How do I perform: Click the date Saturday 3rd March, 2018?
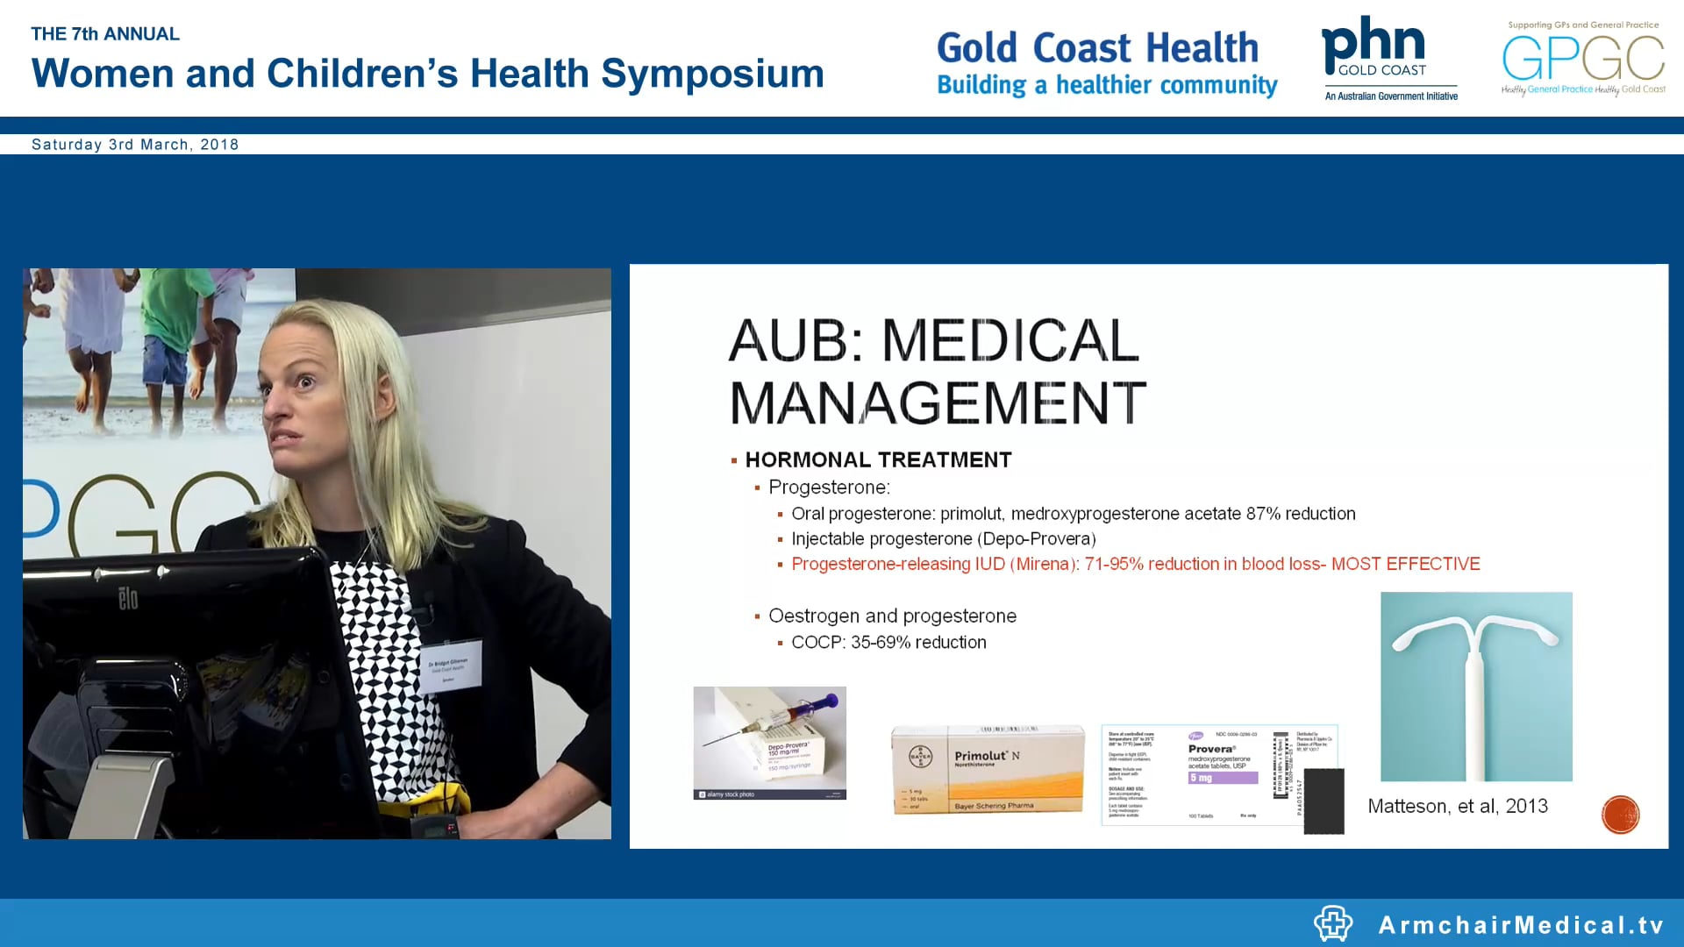(135, 145)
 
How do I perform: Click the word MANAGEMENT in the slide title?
(937, 403)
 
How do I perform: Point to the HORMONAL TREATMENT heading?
(878, 460)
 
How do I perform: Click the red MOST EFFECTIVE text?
(1405, 565)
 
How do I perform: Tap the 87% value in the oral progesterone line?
(1263, 514)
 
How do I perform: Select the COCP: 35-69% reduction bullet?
(888, 643)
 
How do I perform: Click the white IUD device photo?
(1476, 686)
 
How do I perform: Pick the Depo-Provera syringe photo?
(769, 742)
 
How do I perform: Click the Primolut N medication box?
(988, 769)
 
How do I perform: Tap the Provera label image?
(1219, 775)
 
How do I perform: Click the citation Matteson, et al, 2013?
(1458, 807)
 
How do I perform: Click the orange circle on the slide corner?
(1620, 815)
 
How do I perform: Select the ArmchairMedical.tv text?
(1521, 925)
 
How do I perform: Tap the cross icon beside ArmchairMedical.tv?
(1333, 923)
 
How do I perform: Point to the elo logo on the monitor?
(128, 600)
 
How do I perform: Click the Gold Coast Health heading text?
(1097, 48)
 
